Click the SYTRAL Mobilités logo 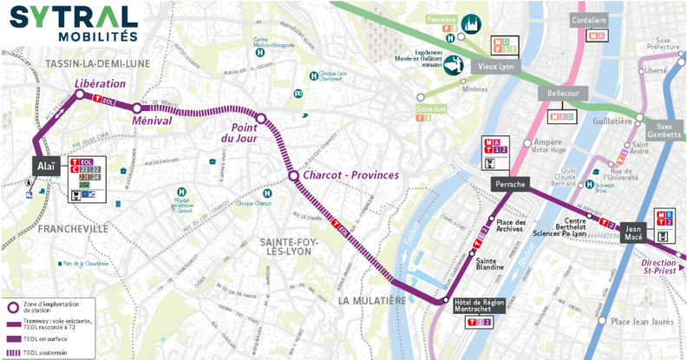[73, 23]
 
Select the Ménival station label [151, 121]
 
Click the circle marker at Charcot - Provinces [293, 176]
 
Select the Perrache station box [513, 185]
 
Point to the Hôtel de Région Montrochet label [480, 306]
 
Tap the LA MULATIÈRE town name [372, 300]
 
